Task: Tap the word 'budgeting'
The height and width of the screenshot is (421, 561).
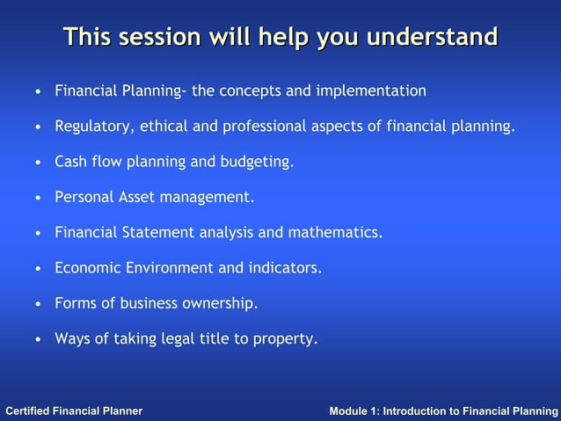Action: [x=259, y=163]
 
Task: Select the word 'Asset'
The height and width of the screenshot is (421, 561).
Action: [x=137, y=198]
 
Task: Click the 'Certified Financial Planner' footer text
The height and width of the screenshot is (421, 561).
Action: [x=74, y=411]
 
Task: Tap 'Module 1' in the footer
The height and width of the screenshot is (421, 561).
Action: [x=356, y=411]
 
